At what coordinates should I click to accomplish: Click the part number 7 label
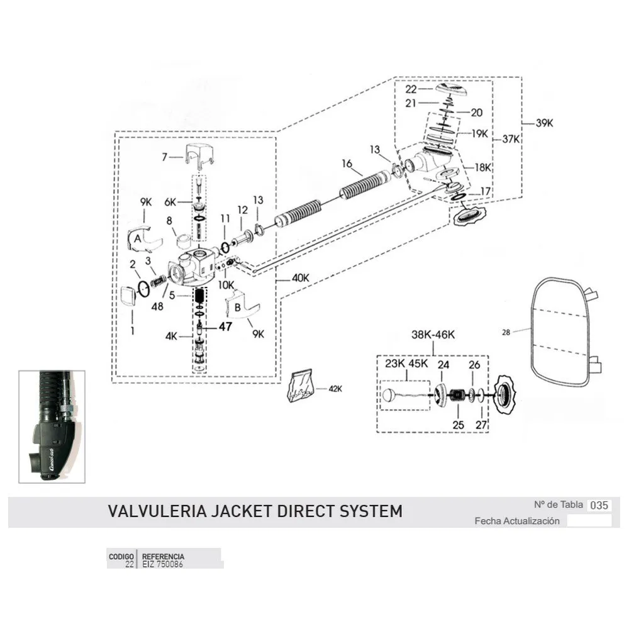tap(165, 157)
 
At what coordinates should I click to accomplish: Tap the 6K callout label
tap(170, 202)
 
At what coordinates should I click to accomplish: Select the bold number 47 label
tap(226, 326)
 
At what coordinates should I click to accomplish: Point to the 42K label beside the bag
tap(336, 388)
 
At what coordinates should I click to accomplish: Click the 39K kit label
tap(544, 124)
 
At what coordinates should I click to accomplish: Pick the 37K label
tap(511, 140)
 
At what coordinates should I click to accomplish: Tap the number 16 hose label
tap(347, 164)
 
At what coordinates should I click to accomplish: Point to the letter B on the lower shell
tap(238, 308)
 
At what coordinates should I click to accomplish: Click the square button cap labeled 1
tap(128, 296)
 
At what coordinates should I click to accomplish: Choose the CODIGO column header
tap(121, 557)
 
